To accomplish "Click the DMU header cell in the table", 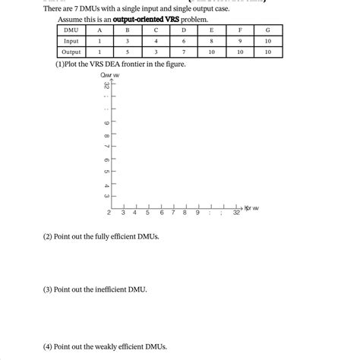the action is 71,30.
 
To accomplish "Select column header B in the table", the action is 127,30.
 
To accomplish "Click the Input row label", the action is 71,41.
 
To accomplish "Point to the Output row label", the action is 71,52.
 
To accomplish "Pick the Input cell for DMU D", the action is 183,41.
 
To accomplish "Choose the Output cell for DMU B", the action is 127,52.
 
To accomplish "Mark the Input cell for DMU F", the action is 240,41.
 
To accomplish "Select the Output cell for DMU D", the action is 183,52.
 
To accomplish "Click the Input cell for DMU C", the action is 155,41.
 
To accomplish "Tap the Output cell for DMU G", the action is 267,52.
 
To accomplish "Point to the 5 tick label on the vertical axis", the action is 106,172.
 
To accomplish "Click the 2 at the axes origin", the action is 109,213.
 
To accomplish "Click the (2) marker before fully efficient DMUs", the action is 48,236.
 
